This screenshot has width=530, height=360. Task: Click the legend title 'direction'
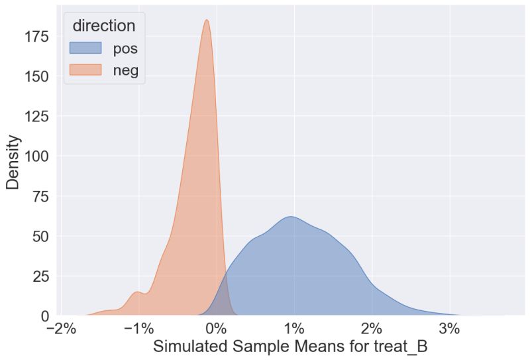(x=104, y=26)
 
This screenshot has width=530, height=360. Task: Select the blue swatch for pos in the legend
(x=85, y=48)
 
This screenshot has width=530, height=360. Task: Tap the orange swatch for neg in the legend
(x=85, y=70)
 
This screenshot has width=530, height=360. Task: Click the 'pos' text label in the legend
(x=125, y=48)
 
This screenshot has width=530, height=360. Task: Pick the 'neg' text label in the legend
(x=125, y=70)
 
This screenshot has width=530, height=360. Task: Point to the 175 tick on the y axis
(x=38, y=36)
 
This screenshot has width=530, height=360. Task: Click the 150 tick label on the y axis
(x=38, y=76)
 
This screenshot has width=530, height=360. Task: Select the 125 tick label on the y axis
(x=38, y=116)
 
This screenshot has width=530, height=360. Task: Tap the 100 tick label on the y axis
(x=38, y=156)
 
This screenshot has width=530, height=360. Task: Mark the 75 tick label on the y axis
(x=42, y=196)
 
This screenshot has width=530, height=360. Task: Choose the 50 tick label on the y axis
(x=42, y=236)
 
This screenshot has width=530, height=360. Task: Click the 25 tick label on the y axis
(x=42, y=276)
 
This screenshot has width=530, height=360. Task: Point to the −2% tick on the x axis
(x=61, y=328)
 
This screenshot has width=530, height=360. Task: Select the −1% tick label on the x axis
(x=138, y=328)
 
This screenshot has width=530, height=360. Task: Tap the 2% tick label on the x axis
(x=372, y=328)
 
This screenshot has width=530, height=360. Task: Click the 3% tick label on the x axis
(x=449, y=328)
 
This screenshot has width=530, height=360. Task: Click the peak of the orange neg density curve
(x=207, y=20)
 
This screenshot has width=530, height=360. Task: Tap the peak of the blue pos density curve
(x=290, y=217)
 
